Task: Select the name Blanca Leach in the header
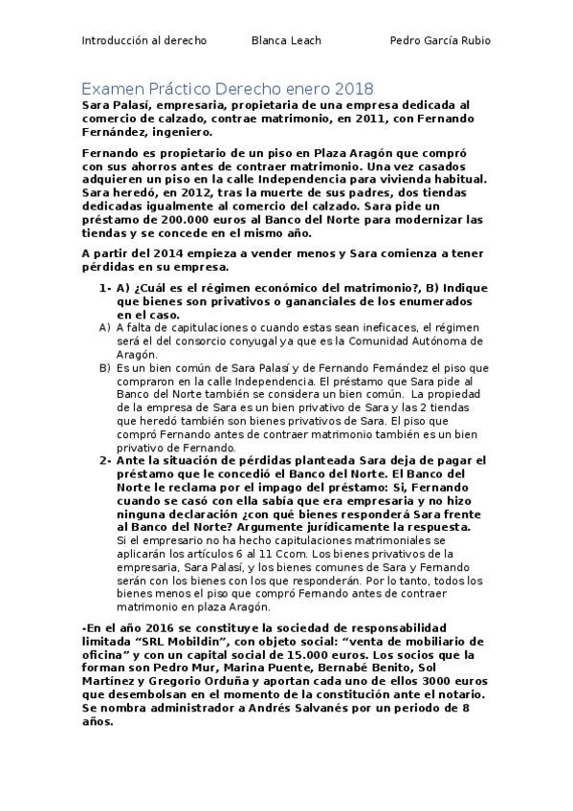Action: [x=286, y=40]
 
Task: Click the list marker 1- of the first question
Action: [x=105, y=287]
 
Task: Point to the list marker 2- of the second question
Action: [x=105, y=462]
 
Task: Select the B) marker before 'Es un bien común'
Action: [x=105, y=367]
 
